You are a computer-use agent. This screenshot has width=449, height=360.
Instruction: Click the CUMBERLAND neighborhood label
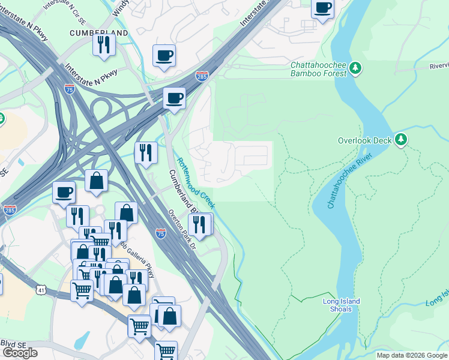(x=99, y=32)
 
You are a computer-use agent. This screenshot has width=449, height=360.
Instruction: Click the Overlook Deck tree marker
(x=401, y=140)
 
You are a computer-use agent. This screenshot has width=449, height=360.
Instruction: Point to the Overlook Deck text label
(x=364, y=140)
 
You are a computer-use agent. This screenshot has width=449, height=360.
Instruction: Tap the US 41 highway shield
(x=39, y=290)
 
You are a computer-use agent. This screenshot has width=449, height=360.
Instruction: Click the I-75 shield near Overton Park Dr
(x=160, y=233)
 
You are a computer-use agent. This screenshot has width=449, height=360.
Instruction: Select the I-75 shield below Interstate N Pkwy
(x=70, y=89)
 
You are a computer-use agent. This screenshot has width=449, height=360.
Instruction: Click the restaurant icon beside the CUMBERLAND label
(x=104, y=44)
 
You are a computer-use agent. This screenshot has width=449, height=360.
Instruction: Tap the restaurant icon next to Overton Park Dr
(x=200, y=224)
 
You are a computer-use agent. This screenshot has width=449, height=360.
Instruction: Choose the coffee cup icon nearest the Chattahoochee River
(x=323, y=8)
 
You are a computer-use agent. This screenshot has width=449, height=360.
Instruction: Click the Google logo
(x=20, y=352)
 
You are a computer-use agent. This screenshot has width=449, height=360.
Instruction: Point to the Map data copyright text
(x=412, y=355)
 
